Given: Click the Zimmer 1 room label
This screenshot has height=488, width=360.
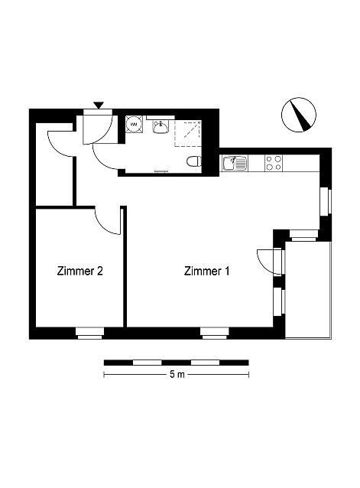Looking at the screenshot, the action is pos(206,271).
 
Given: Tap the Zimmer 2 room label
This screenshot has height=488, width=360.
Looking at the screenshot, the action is pos(80,271).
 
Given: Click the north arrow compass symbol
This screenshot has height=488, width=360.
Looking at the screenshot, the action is pos(298,115).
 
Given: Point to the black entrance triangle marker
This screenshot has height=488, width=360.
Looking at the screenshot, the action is pos(99,106).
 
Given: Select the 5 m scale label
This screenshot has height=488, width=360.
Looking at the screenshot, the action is pos(177,374).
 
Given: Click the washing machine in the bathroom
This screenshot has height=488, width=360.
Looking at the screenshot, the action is pos(135,125).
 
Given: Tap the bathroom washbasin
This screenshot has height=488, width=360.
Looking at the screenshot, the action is pos(161,127).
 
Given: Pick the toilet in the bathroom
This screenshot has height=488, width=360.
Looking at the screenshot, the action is pos(194,162).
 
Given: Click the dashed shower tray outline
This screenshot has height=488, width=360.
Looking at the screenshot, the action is pos(188,134).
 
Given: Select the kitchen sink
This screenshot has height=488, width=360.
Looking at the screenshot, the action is pos(235,164).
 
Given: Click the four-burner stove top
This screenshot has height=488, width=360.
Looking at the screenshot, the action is pos(274,163).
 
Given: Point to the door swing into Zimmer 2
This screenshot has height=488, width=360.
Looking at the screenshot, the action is pos(107,222).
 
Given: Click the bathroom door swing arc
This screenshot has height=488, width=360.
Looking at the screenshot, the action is pos(103,158).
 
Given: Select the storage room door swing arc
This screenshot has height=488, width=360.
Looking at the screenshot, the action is pos(60,144).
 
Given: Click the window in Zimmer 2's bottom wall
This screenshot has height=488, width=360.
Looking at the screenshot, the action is pos(89,333).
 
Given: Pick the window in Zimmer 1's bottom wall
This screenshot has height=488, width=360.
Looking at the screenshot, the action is pos(215,333).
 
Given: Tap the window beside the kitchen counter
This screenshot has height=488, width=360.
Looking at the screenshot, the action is pos(326,201).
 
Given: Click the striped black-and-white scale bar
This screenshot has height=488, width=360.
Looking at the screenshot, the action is pos(177,363).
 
